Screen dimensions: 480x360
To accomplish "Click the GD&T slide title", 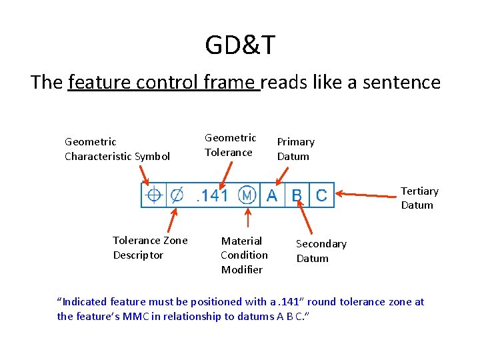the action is click(x=240, y=45).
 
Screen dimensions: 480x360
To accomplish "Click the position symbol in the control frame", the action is click(x=154, y=195).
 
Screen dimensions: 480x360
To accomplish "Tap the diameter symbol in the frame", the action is click(x=177, y=195).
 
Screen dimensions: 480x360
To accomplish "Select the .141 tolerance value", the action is click(x=213, y=195).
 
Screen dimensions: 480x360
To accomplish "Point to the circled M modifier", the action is click(x=247, y=195).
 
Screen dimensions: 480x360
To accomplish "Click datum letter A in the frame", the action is click(x=272, y=195).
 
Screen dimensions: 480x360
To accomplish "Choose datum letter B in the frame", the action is click(x=297, y=195).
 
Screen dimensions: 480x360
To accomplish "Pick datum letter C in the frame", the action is click(x=321, y=195).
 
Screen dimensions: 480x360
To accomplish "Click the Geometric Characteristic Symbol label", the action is click(x=117, y=149).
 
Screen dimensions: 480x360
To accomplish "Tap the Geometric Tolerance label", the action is click(x=230, y=145).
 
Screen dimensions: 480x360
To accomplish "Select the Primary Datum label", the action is click(x=295, y=149).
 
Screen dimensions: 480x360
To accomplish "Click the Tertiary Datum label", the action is click(x=419, y=198).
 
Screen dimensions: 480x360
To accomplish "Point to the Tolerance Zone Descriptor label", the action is click(x=150, y=247).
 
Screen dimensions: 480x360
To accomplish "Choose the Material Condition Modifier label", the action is click(x=244, y=255).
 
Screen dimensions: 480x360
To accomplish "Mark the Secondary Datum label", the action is click(x=321, y=251).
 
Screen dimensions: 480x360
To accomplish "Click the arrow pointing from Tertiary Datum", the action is click(x=367, y=195).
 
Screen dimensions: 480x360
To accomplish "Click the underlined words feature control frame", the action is click(x=163, y=83).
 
